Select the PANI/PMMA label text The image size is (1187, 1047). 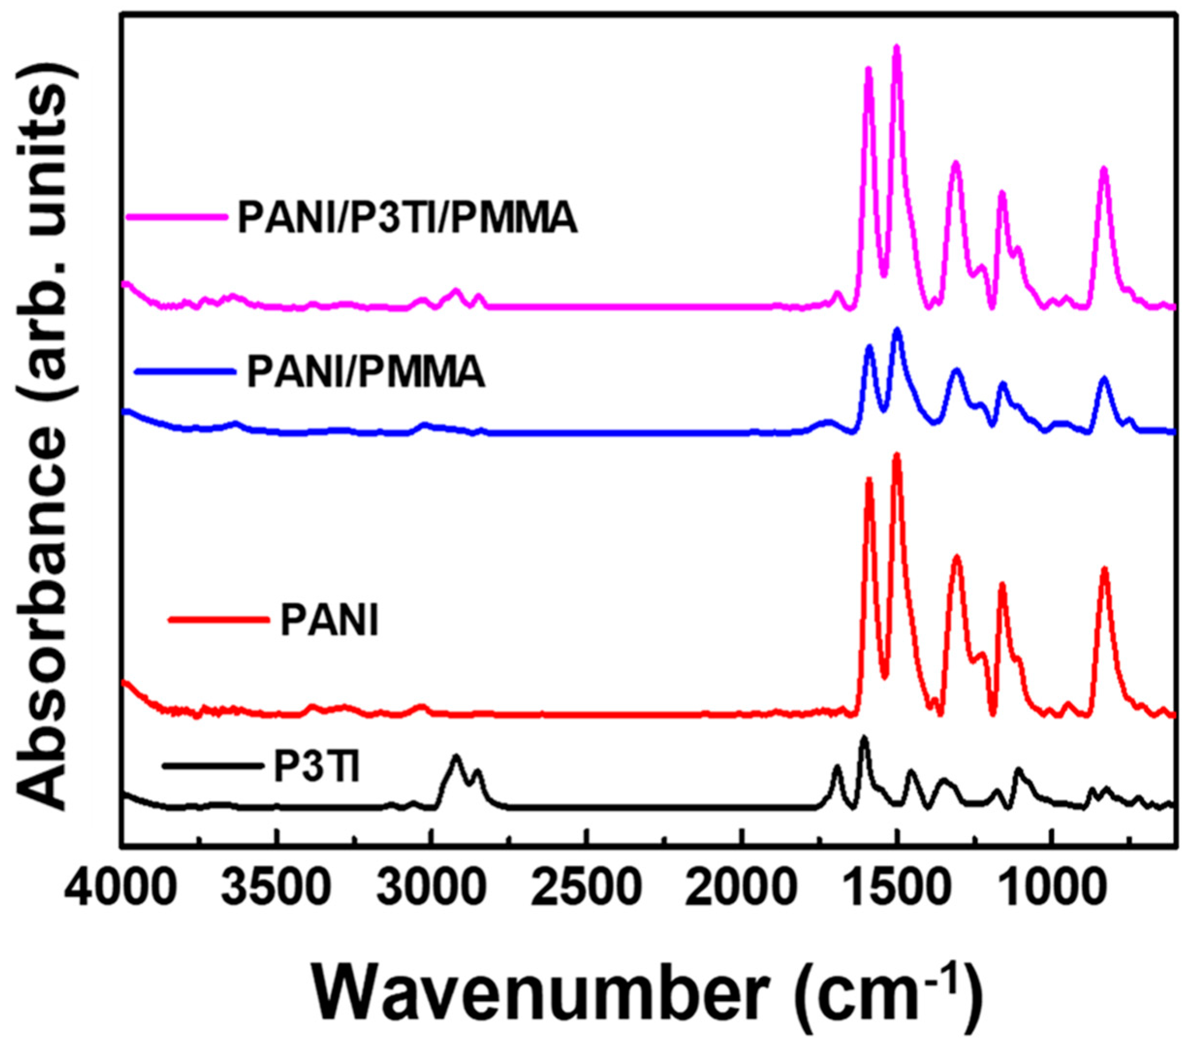pos(366,372)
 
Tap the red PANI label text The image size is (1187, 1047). pos(329,620)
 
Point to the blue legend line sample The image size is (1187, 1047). pos(185,372)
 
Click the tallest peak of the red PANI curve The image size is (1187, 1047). pos(896,457)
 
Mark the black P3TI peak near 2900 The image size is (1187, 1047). pos(456,758)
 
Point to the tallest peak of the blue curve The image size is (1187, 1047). pos(897,331)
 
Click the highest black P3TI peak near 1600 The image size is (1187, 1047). pos(863,739)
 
